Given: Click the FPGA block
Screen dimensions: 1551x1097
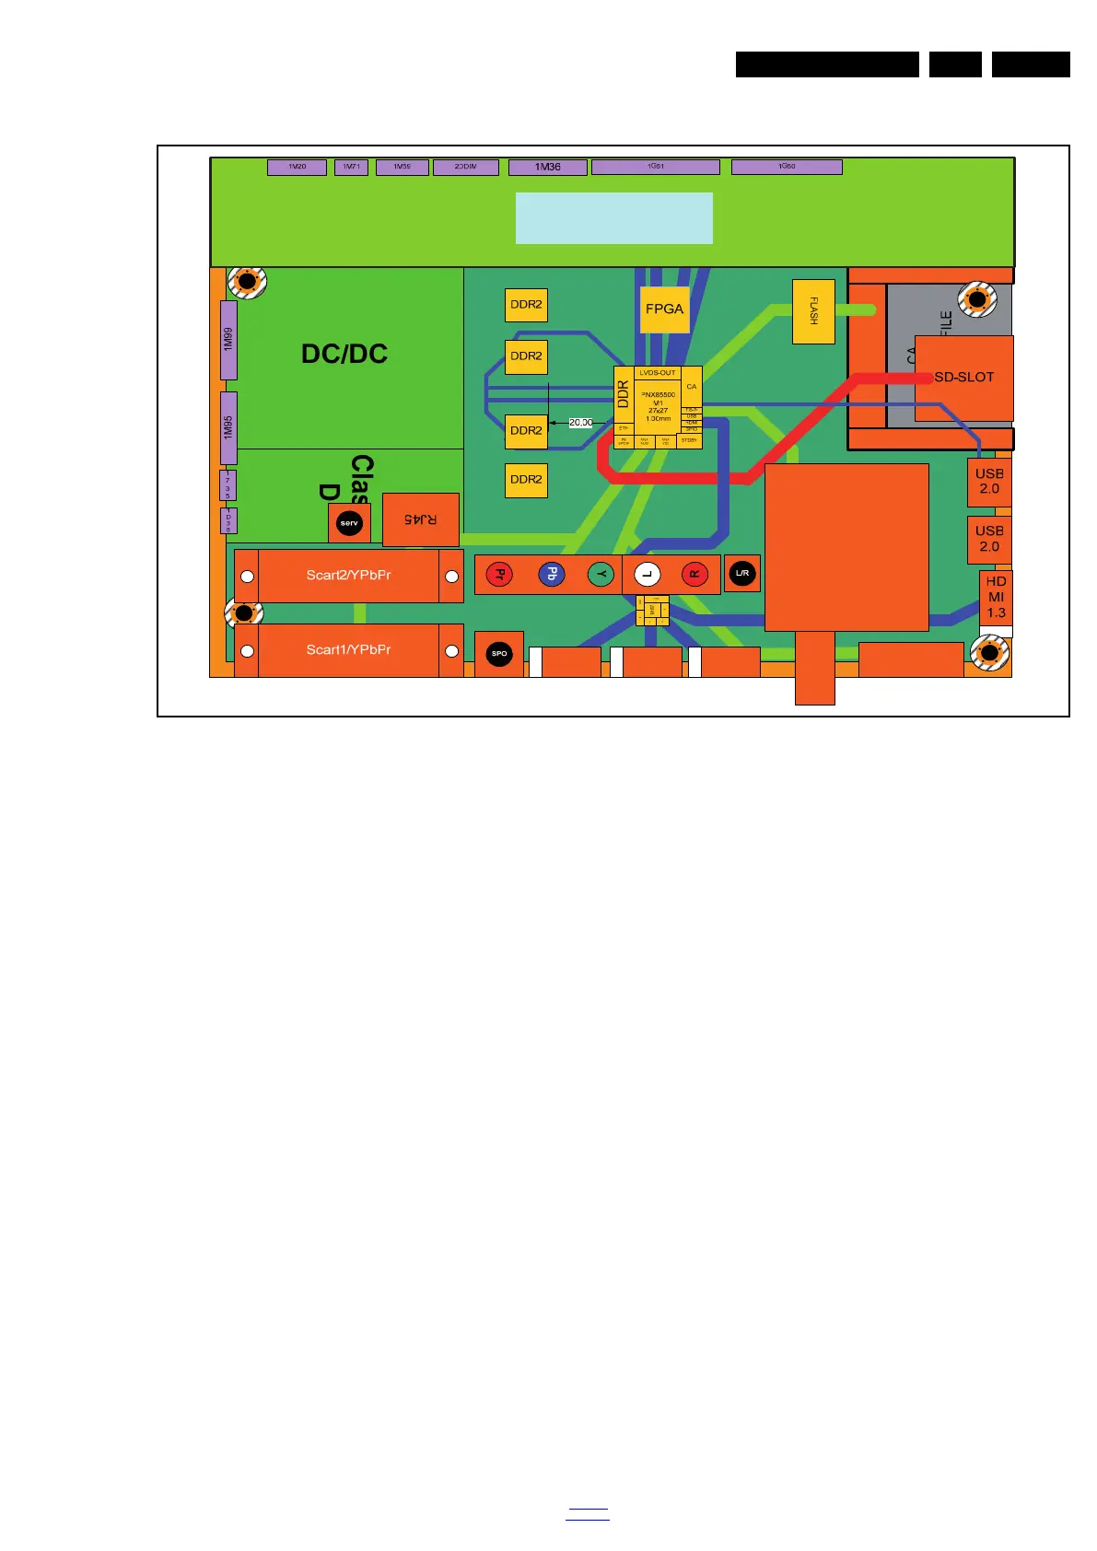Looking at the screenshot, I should [664, 309].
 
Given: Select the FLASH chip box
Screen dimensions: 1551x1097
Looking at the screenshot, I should [813, 311].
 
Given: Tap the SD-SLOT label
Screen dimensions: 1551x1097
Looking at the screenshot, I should [963, 378].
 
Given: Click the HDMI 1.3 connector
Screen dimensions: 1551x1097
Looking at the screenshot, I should [996, 597].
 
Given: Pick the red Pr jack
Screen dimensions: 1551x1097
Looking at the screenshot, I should [498, 575].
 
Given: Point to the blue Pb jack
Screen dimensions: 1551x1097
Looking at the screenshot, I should [551, 575].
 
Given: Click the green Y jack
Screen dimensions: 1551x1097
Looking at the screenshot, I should [601, 575].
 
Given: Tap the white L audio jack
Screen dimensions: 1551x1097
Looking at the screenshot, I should [647, 575].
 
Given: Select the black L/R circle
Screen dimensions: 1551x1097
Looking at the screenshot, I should [742, 573].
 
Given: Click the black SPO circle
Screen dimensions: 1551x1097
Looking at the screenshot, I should [499, 654].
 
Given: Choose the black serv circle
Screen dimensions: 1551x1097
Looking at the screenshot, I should [349, 523].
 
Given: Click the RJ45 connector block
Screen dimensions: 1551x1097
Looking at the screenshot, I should [420, 519].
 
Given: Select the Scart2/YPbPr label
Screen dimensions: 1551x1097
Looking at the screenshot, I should [348, 576].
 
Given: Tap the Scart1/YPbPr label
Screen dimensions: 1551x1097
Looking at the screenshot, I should [348, 650].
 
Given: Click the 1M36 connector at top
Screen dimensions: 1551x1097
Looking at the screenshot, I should [547, 168].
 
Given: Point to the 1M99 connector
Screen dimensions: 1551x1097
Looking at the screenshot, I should [228, 339].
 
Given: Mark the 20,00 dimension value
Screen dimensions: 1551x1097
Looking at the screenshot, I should [581, 423].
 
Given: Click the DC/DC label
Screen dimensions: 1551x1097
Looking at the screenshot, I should [344, 355].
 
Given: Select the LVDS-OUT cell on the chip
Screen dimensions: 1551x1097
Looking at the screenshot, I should [658, 373].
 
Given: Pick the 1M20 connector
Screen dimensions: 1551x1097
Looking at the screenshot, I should [297, 167].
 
